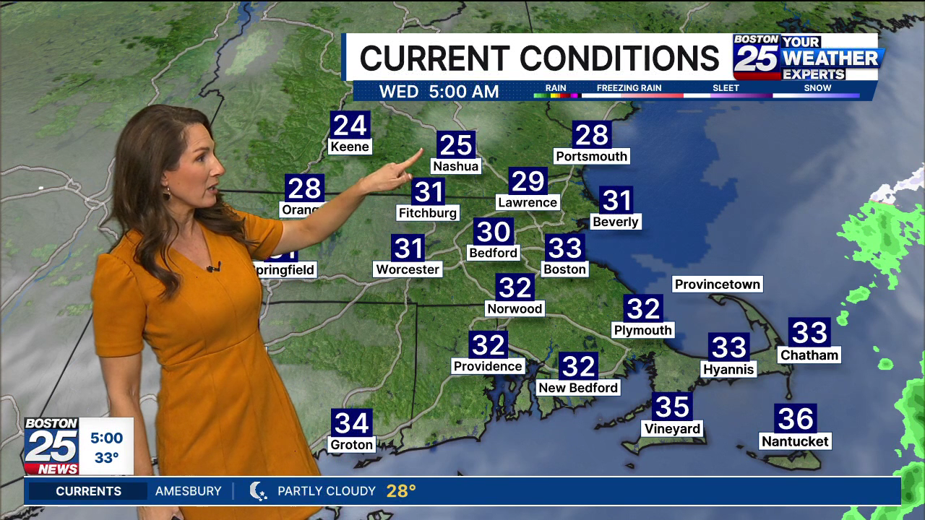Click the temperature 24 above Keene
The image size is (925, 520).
click(350, 126)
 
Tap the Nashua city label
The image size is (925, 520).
click(455, 166)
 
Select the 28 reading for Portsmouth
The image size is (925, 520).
click(592, 135)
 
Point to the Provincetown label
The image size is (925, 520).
click(717, 285)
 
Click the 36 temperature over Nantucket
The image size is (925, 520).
click(795, 419)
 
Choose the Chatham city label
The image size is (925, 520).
click(809, 355)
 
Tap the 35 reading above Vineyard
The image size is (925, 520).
click(672, 407)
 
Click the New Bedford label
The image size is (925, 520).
click(578, 388)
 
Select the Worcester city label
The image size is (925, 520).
click(408, 269)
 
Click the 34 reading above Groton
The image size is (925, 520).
click(352, 423)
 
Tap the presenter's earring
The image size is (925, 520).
click(166, 194)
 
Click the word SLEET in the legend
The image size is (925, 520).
click(726, 88)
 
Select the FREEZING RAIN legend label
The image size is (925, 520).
click(629, 88)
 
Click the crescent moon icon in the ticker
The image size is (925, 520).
click(258, 491)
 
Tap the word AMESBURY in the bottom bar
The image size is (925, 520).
click(189, 491)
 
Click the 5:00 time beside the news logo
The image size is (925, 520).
click(106, 438)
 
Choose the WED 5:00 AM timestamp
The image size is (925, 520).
click(439, 92)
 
